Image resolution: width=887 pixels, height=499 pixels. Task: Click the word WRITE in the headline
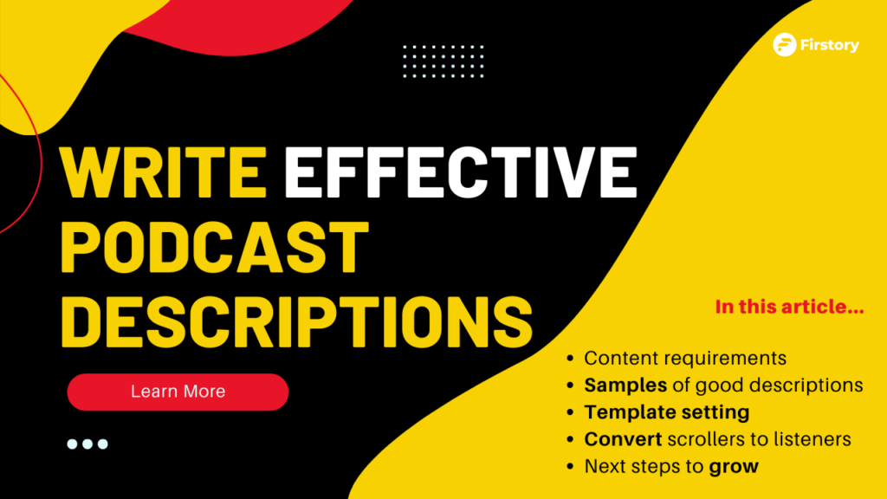(x=164, y=172)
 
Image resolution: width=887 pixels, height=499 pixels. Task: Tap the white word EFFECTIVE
(x=461, y=172)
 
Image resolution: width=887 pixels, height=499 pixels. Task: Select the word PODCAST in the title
(x=215, y=247)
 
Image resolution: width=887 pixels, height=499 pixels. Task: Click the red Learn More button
(x=178, y=392)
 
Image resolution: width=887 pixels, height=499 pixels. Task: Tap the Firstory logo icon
(x=785, y=45)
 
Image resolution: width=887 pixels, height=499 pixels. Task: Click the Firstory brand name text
(x=829, y=45)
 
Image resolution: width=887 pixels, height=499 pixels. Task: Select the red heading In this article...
(x=789, y=307)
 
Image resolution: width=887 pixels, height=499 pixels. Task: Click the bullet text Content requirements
(x=685, y=358)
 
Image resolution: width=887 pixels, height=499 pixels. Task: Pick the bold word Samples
(x=625, y=386)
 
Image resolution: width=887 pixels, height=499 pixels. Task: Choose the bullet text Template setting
(x=667, y=412)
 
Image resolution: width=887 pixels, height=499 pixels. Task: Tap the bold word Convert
(x=623, y=439)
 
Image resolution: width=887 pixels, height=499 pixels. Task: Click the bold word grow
(x=734, y=467)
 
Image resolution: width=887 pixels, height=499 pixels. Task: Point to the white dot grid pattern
(x=443, y=62)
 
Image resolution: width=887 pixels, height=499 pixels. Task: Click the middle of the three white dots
(x=87, y=444)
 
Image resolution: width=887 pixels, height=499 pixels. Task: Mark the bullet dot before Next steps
(x=570, y=467)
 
